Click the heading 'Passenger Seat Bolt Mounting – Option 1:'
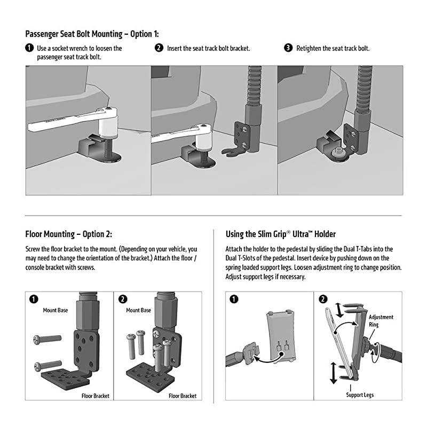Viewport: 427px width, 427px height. (x=92, y=34)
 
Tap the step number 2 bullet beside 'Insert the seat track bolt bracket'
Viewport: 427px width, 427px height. (x=159, y=48)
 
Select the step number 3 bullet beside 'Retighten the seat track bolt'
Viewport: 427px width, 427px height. (x=288, y=48)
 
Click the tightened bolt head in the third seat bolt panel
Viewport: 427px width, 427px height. (x=337, y=153)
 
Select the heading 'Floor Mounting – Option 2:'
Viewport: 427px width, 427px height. (x=69, y=234)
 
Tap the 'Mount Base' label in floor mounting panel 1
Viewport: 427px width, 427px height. (x=56, y=310)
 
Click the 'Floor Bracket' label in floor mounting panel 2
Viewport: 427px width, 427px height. (x=183, y=396)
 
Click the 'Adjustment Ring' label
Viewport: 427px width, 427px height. (x=381, y=320)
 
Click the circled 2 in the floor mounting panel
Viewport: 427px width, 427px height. (x=122, y=299)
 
